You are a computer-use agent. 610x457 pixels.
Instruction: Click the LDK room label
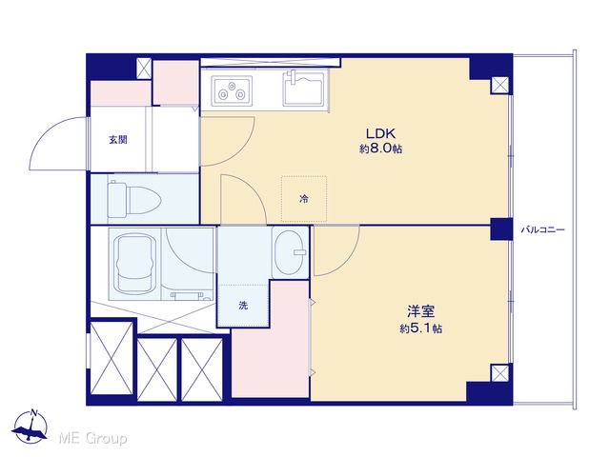[x=380, y=133]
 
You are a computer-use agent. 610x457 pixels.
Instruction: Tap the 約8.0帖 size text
[x=380, y=149]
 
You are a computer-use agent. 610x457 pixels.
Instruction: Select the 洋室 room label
[x=421, y=311]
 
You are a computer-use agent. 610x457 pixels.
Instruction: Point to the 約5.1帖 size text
[x=421, y=328]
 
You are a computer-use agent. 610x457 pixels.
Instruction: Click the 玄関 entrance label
[x=118, y=140]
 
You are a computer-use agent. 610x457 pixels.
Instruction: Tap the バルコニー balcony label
[x=542, y=230]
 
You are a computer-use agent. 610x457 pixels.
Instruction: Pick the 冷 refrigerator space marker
[x=304, y=199]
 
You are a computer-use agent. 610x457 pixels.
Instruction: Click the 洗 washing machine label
[x=243, y=306]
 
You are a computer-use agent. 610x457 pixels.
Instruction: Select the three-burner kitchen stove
[x=232, y=89]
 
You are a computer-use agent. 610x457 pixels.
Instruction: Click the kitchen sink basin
[x=304, y=89]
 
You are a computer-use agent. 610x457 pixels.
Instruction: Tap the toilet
[x=134, y=199]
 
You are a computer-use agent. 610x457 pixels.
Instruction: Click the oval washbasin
[x=290, y=251]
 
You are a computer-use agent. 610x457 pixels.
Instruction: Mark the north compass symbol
[x=30, y=427]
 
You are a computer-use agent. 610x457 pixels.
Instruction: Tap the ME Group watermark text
[x=92, y=438]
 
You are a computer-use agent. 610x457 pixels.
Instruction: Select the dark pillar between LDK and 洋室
[x=501, y=229]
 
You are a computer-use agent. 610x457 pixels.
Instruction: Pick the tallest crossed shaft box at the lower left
[x=112, y=358]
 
